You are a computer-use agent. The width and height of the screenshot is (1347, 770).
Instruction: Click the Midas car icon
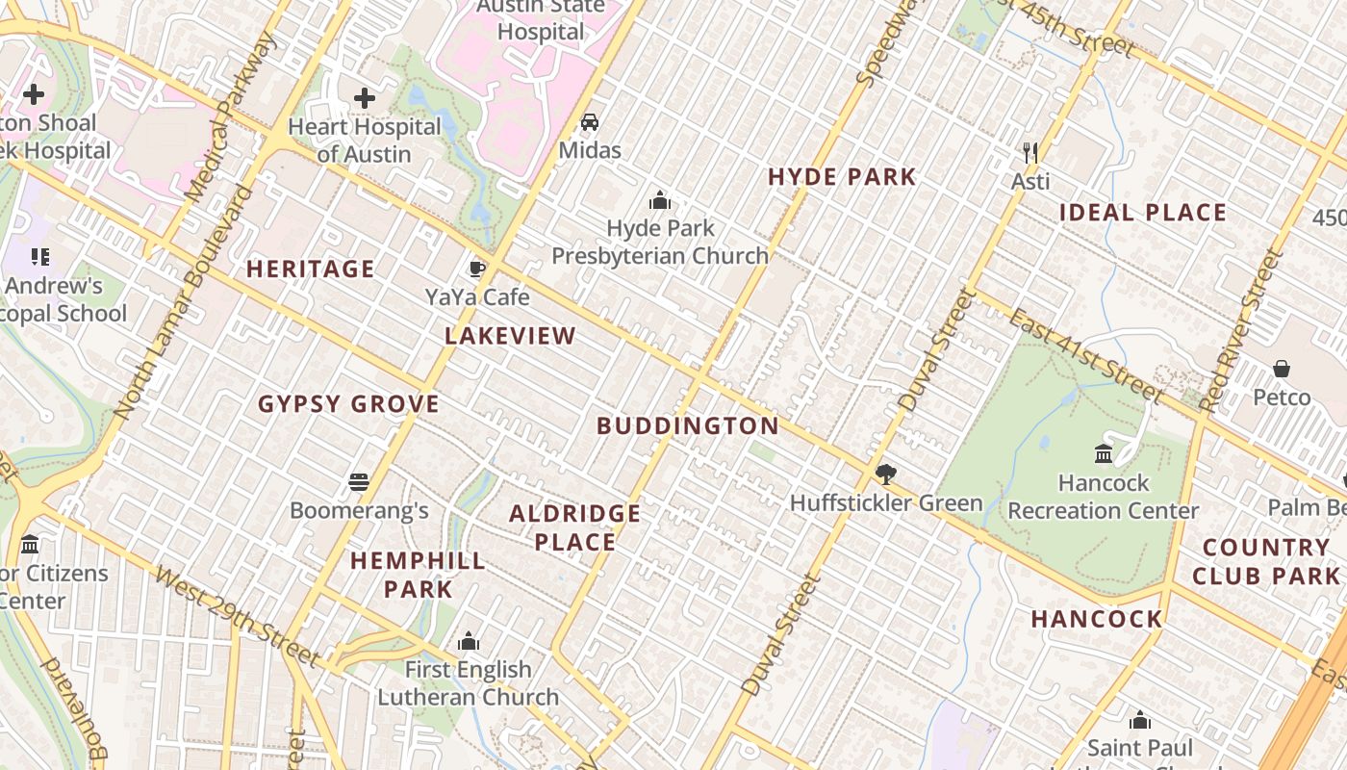(x=590, y=122)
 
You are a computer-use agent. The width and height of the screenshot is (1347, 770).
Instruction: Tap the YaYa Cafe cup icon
(x=476, y=269)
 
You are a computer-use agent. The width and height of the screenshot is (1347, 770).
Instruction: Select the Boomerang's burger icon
(x=359, y=481)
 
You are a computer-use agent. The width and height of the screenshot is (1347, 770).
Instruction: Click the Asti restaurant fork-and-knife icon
(x=1030, y=152)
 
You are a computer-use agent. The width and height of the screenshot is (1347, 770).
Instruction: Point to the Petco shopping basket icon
(x=1282, y=369)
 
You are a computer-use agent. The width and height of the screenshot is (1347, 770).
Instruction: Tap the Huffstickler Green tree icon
(x=886, y=474)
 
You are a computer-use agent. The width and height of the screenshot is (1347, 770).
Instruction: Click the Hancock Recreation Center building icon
(x=1104, y=452)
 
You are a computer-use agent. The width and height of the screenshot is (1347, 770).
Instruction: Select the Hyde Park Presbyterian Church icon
(x=660, y=200)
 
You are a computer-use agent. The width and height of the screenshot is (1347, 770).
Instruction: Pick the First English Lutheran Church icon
(x=469, y=641)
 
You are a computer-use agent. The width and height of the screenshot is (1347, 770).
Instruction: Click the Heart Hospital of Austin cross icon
(x=365, y=97)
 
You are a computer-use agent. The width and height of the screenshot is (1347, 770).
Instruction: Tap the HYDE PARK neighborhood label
(x=842, y=177)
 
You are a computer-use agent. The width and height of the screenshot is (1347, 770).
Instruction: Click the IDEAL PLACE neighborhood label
(x=1143, y=213)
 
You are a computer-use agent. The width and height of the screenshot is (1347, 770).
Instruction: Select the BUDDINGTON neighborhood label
(x=688, y=425)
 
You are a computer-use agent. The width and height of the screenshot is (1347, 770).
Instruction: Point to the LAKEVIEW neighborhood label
(x=510, y=336)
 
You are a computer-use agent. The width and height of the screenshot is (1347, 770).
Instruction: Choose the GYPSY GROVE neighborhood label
(x=348, y=404)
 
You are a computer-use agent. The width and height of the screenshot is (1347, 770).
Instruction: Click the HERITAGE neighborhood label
(x=311, y=269)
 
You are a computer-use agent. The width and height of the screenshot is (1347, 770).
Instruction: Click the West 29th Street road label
(x=236, y=617)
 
